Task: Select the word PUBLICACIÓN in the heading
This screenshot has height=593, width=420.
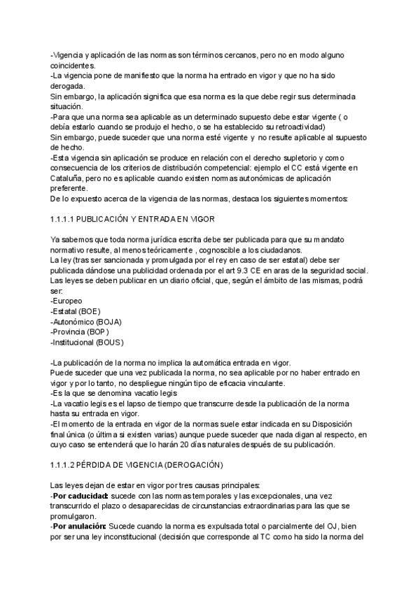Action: click(x=112, y=220)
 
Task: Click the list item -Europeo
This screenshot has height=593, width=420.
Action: click(x=66, y=301)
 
